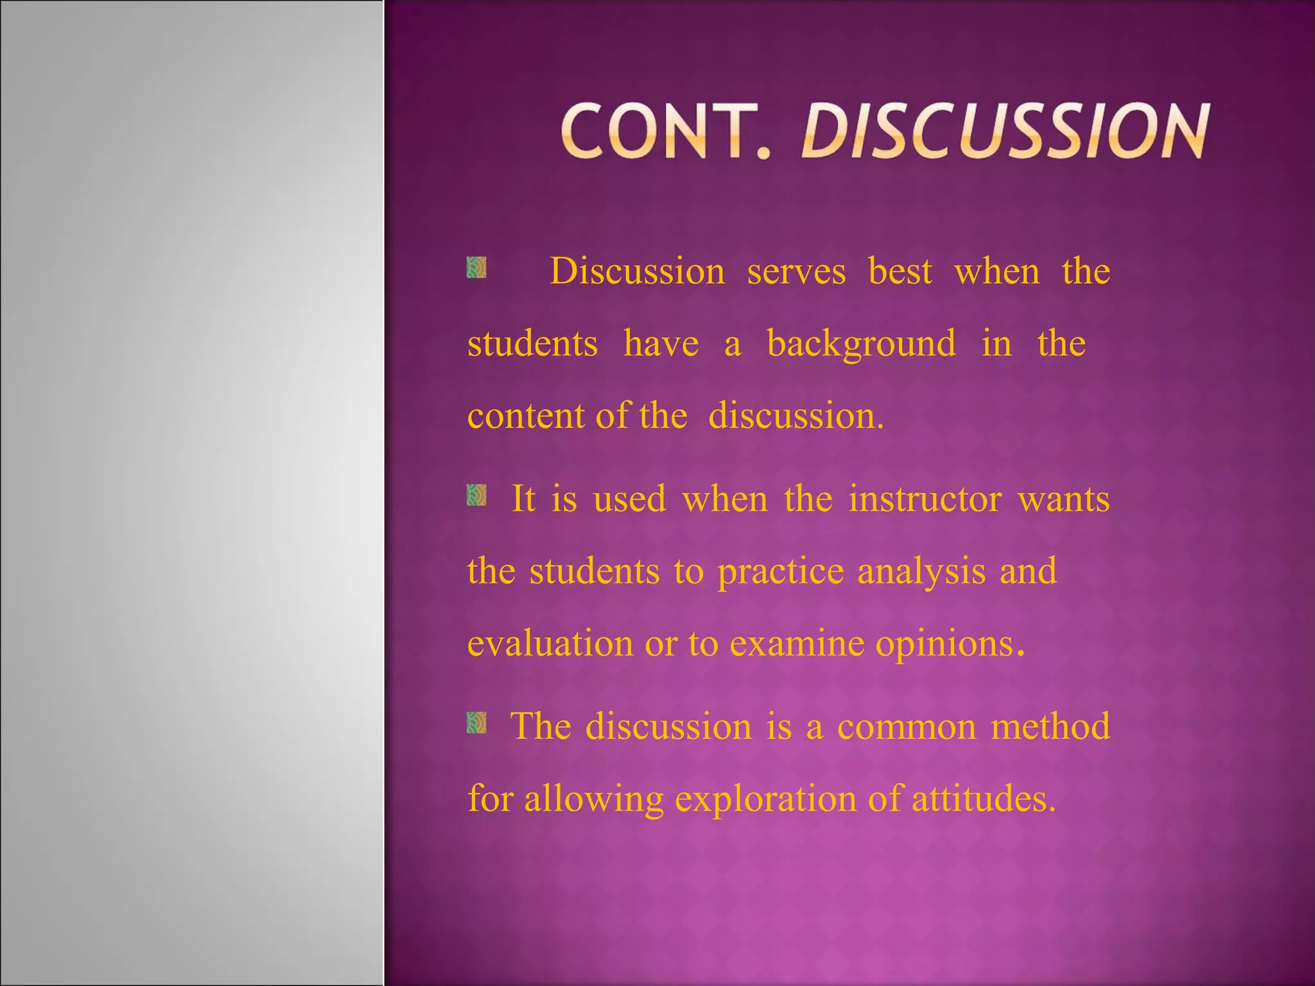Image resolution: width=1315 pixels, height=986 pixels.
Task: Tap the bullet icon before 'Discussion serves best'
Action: tap(476, 268)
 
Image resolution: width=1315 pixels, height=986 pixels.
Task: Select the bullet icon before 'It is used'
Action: tap(476, 495)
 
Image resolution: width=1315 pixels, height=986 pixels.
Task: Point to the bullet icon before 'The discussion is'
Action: tap(476, 722)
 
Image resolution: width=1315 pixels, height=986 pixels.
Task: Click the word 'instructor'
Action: tap(925, 499)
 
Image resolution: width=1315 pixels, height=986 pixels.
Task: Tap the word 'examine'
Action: tap(797, 643)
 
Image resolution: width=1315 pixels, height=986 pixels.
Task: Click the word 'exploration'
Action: tap(764, 800)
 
